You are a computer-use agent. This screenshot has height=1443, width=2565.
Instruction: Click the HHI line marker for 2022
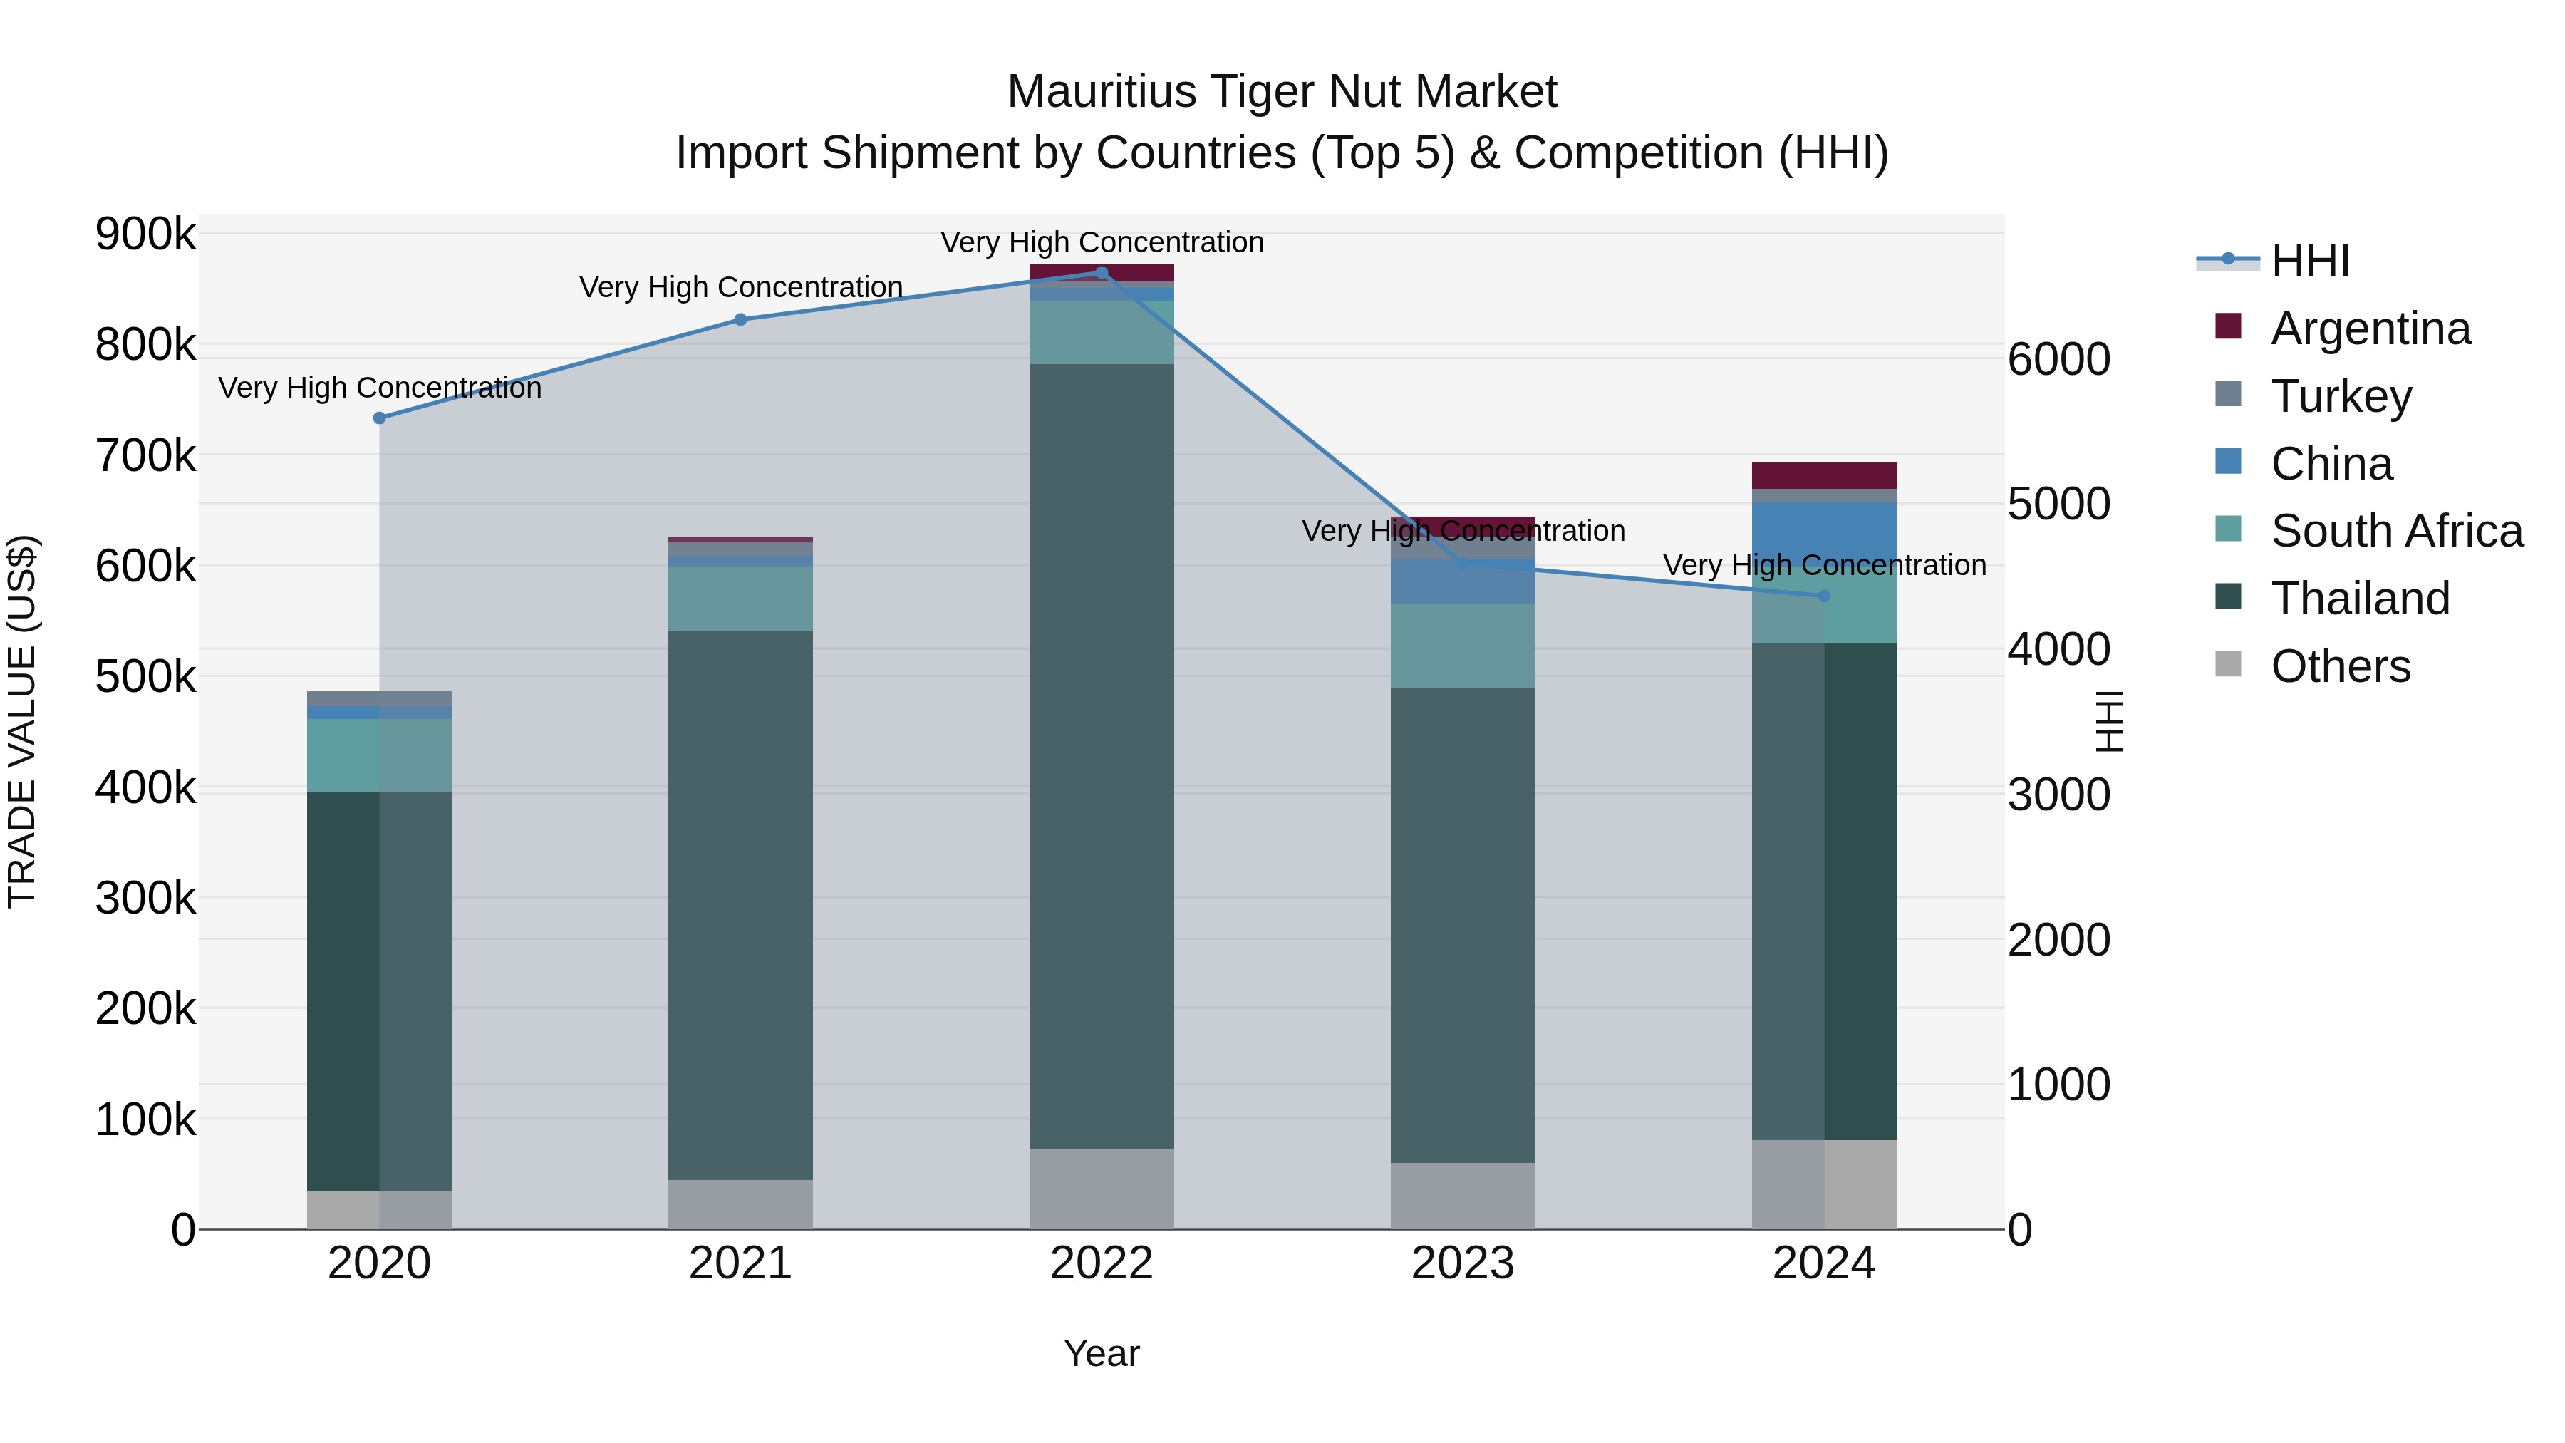point(1102,273)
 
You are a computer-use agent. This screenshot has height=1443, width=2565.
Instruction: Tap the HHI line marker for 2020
point(379,418)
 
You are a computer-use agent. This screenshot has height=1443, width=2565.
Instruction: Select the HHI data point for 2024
point(1824,596)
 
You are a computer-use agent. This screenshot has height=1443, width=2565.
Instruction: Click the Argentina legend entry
point(2370,329)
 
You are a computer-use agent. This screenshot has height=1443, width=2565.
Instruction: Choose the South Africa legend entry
point(2395,531)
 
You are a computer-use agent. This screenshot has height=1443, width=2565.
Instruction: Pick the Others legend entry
point(2340,666)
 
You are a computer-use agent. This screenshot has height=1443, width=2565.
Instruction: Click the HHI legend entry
point(2309,261)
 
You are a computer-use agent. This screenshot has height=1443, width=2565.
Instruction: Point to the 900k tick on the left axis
point(145,235)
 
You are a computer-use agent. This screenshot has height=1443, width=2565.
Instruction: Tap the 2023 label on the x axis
point(1463,1263)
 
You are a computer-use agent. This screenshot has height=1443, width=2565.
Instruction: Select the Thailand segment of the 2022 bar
point(1102,757)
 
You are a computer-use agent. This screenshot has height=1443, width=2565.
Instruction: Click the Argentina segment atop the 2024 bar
point(1824,476)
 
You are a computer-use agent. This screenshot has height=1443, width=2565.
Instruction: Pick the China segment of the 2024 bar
point(1824,533)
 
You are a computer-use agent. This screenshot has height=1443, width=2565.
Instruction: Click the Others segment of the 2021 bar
point(740,1204)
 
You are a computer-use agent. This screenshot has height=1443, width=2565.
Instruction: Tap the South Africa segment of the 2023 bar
point(1463,646)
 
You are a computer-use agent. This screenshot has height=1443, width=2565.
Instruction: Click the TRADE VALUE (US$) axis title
point(22,721)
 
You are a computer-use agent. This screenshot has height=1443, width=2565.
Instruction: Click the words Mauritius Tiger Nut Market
point(1282,92)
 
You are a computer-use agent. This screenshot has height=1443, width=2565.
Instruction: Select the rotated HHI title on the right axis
point(2110,721)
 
